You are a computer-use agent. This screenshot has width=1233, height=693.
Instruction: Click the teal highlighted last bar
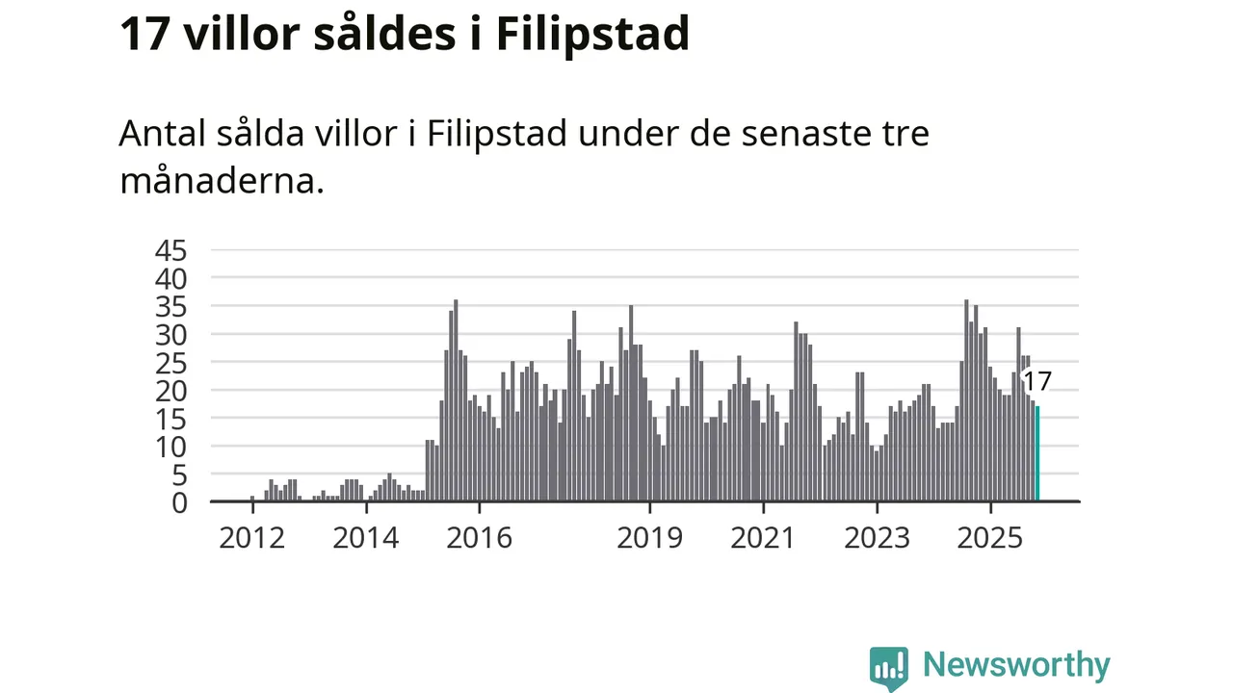1037,453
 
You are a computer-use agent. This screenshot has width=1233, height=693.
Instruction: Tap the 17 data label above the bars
1036,381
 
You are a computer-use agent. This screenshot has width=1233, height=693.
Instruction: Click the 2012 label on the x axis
251,537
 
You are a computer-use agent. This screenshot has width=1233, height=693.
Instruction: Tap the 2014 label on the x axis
365,537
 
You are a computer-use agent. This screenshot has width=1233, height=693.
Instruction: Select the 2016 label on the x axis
479,537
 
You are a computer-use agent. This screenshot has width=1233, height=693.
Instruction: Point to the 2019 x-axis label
649,537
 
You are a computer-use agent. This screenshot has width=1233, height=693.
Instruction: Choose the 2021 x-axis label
763,537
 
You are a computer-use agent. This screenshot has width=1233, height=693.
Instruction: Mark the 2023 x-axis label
877,537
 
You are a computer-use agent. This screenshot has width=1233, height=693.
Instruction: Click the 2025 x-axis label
990,537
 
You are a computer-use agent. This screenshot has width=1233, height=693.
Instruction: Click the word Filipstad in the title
592,35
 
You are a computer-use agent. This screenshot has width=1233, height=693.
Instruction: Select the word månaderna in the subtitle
221,180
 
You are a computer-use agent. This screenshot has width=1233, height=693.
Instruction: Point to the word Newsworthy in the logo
1016,665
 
